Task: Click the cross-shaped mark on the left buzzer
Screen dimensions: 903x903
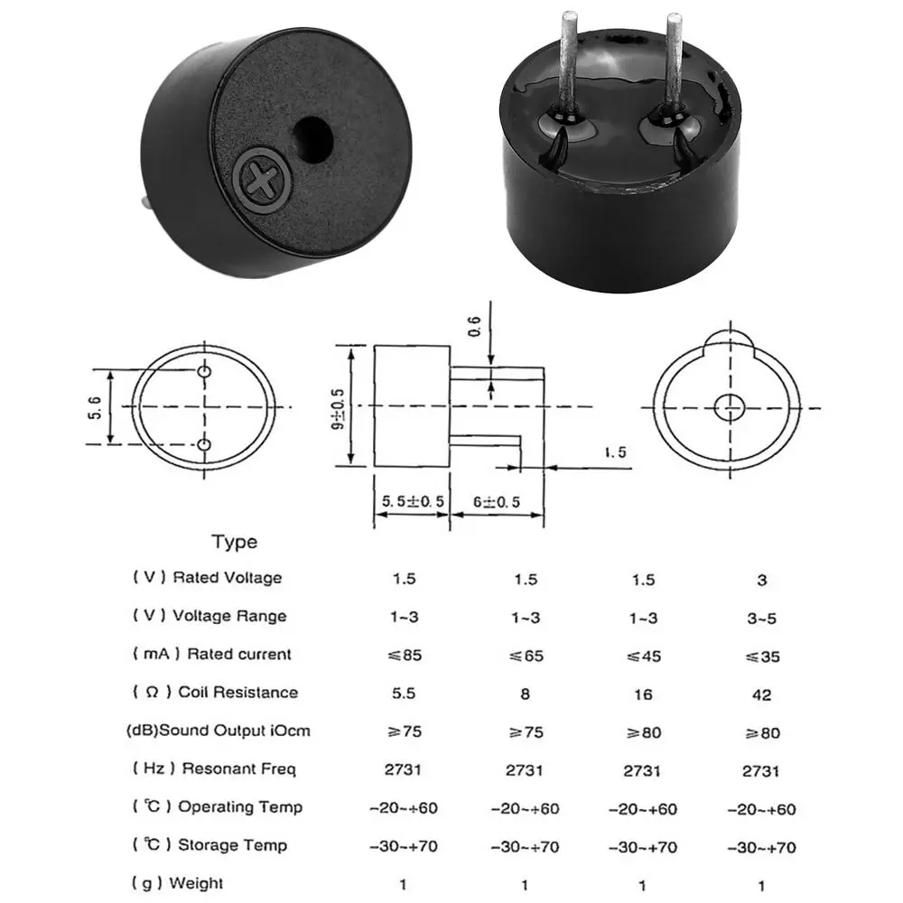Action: pyautogui.click(x=263, y=179)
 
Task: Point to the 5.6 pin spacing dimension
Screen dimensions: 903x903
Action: pyautogui.click(x=96, y=408)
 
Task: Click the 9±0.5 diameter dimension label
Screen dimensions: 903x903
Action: pyautogui.click(x=339, y=408)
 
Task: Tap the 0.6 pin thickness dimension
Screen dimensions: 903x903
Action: pyautogui.click(x=474, y=327)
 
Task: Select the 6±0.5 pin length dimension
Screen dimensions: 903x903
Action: pyautogui.click(x=497, y=502)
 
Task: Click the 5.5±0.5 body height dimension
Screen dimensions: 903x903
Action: pyautogui.click(x=413, y=501)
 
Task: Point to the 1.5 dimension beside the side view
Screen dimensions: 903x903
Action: pyautogui.click(x=615, y=452)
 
